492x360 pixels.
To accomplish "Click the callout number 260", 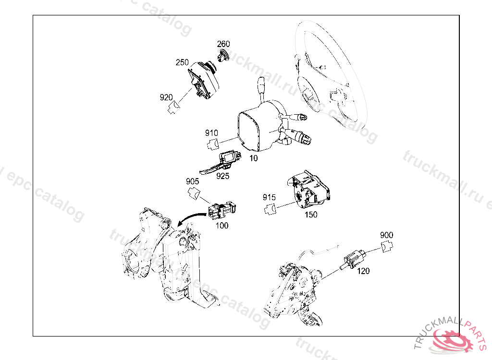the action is [x=223, y=44].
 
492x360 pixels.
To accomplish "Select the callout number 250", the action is [x=182, y=62].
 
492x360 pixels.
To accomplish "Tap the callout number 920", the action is [x=166, y=97].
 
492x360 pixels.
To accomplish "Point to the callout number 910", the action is [x=211, y=133].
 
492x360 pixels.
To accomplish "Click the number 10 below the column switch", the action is [x=254, y=158].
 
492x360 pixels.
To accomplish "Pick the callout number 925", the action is [x=223, y=176].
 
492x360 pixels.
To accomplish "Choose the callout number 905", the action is [x=192, y=181].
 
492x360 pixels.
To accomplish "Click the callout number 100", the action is [x=222, y=226].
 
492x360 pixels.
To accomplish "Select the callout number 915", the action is [x=269, y=197].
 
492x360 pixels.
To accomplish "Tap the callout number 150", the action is [x=311, y=215].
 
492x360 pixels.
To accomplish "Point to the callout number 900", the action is [x=387, y=235].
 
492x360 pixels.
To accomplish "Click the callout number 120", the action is [x=363, y=271].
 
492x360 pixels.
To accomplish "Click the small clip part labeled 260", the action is [x=222, y=56].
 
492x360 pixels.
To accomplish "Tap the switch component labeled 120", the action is [x=353, y=259].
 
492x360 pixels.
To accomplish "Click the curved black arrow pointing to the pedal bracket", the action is [x=191, y=216].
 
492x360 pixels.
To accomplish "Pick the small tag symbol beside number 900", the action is [x=387, y=246].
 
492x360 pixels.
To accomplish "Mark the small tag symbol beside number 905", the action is [x=194, y=193].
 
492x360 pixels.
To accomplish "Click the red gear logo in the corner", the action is [x=452, y=340].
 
